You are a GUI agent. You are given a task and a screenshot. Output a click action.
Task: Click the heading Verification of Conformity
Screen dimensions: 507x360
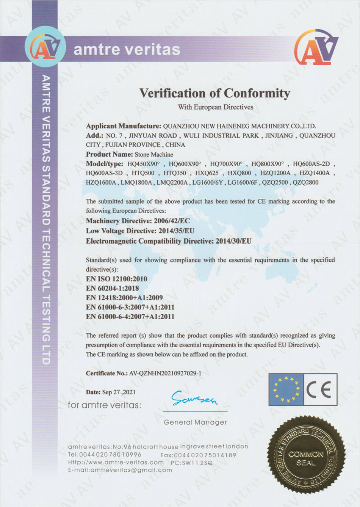tap(215, 93)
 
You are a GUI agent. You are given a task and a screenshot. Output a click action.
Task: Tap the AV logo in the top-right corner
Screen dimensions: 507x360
tap(316, 47)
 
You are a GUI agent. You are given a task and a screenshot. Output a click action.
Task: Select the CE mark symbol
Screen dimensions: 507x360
tap(320, 389)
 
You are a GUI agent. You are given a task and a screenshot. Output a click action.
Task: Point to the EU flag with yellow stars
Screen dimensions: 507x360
tap(286, 389)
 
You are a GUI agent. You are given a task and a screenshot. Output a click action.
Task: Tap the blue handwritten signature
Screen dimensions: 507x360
tap(194, 398)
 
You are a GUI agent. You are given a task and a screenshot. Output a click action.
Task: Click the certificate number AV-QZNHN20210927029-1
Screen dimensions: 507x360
tap(165, 373)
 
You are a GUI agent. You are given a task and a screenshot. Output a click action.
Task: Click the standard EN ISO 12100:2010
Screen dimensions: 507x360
tap(116, 279)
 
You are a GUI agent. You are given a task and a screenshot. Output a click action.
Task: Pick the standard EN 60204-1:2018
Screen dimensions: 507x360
tap(112, 288)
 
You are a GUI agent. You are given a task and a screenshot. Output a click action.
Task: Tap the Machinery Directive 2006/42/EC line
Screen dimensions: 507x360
tap(138, 221)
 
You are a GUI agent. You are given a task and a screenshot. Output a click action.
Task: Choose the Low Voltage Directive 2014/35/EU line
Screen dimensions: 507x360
tap(140, 231)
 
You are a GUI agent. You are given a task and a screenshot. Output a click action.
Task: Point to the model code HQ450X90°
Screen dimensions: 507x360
tap(144, 164)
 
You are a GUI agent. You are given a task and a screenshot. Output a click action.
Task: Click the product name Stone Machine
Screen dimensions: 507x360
tap(154, 154)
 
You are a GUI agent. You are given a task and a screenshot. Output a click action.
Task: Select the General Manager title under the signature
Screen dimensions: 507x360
tap(195, 422)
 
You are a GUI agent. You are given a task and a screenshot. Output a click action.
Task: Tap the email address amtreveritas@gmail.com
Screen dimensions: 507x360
tap(131, 470)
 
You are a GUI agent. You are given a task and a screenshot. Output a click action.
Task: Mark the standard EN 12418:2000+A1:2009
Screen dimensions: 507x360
tap(124, 298)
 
